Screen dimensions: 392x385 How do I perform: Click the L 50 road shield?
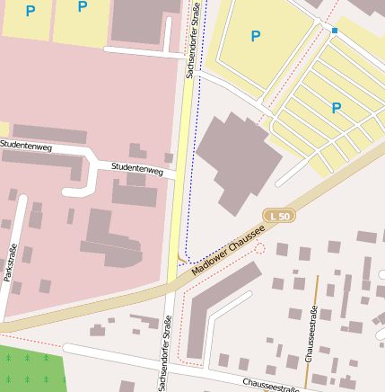280,217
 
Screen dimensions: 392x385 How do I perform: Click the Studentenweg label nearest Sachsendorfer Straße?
136,168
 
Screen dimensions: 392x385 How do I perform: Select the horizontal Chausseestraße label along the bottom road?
270,385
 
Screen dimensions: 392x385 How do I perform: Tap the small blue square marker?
335,31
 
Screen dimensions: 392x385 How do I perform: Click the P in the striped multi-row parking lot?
337,108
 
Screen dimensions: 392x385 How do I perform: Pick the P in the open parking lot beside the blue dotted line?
256,36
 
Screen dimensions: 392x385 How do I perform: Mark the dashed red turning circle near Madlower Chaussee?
260,247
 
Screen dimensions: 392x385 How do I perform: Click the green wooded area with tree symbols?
31,369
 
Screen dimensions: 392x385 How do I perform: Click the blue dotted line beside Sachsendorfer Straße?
188,180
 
